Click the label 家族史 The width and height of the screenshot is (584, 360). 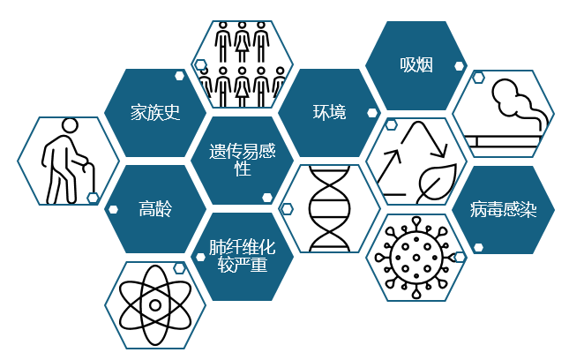click(154, 113)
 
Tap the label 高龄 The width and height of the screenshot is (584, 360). click(154, 209)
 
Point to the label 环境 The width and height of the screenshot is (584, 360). click(329, 112)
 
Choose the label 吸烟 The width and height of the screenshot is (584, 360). click(416, 65)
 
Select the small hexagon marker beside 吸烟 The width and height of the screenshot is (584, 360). click(460, 64)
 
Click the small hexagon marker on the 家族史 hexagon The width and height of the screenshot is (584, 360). click(179, 75)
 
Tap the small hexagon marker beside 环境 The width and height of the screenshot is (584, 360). click(372, 113)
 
